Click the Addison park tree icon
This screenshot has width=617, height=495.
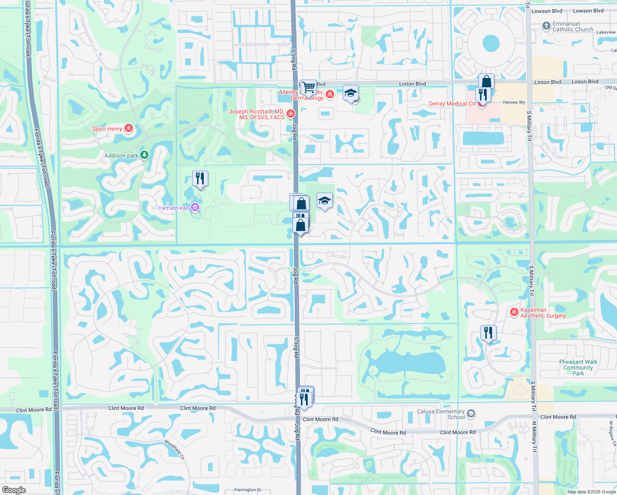click(x=144, y=155)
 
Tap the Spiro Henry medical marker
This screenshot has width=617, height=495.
click(x=129, y=128)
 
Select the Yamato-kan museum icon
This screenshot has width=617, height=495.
click(x=195, y=207)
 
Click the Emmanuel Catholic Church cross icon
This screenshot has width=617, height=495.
click(x=546, y=26)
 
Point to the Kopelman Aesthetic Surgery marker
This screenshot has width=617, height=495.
click(x=514, y=312)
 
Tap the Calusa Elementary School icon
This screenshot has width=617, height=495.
click(x=471, y=414)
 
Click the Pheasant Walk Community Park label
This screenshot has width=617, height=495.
click(x=578, y=368)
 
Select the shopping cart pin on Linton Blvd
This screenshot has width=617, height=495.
click(x=308, y=87)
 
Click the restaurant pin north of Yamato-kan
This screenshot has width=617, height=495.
click(x=200, y=179)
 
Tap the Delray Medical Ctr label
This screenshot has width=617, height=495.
click(x=452, y=104)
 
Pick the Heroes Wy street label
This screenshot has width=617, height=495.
click(x=514, y=102)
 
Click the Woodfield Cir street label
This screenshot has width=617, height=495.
click(x=174, y=450)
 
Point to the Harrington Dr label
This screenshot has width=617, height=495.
click(x=248, y=490)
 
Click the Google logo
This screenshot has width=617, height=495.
click(x=14, y=490)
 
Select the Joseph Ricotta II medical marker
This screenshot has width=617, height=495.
click(x=291, y=113)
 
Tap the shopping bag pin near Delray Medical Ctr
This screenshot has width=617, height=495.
click(x=487, y=81)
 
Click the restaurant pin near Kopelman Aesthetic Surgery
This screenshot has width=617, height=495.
click(x=488, y=332)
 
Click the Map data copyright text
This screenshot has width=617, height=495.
click(x=591, y=492)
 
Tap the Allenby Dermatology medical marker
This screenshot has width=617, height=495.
click(x=330, y=94)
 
